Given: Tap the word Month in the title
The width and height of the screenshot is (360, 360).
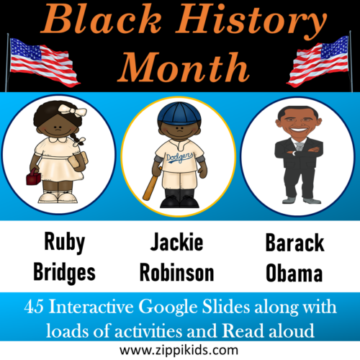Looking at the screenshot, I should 180,68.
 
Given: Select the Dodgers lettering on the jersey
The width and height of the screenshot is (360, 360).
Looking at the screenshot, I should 179,157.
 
